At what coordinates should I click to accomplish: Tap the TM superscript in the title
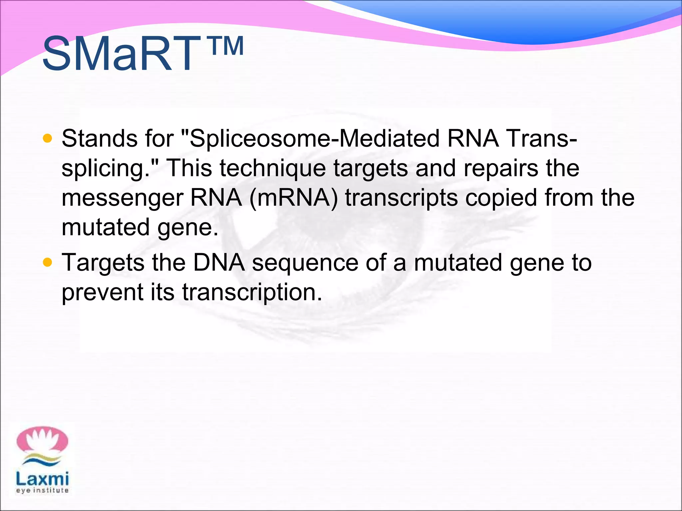click(x=227, y=47)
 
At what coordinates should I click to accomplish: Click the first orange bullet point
click(x=48, y=138)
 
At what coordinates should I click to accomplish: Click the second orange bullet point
click(x=48, y=262)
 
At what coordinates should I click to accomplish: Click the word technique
click(x=273, y=168)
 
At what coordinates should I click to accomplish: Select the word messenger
click(x=122, y=198)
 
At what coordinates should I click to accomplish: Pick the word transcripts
click(x=401, y=198)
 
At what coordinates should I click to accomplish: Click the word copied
click(x=501, y=198)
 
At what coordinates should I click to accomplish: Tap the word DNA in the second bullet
click(x=219, y=262)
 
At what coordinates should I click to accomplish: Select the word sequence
click(x=305, y=262)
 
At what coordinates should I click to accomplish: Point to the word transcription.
click(x=252, y=292)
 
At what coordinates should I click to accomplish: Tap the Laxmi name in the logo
click(x=42, y=479)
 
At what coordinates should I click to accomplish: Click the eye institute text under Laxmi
click(x=42, y=490)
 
